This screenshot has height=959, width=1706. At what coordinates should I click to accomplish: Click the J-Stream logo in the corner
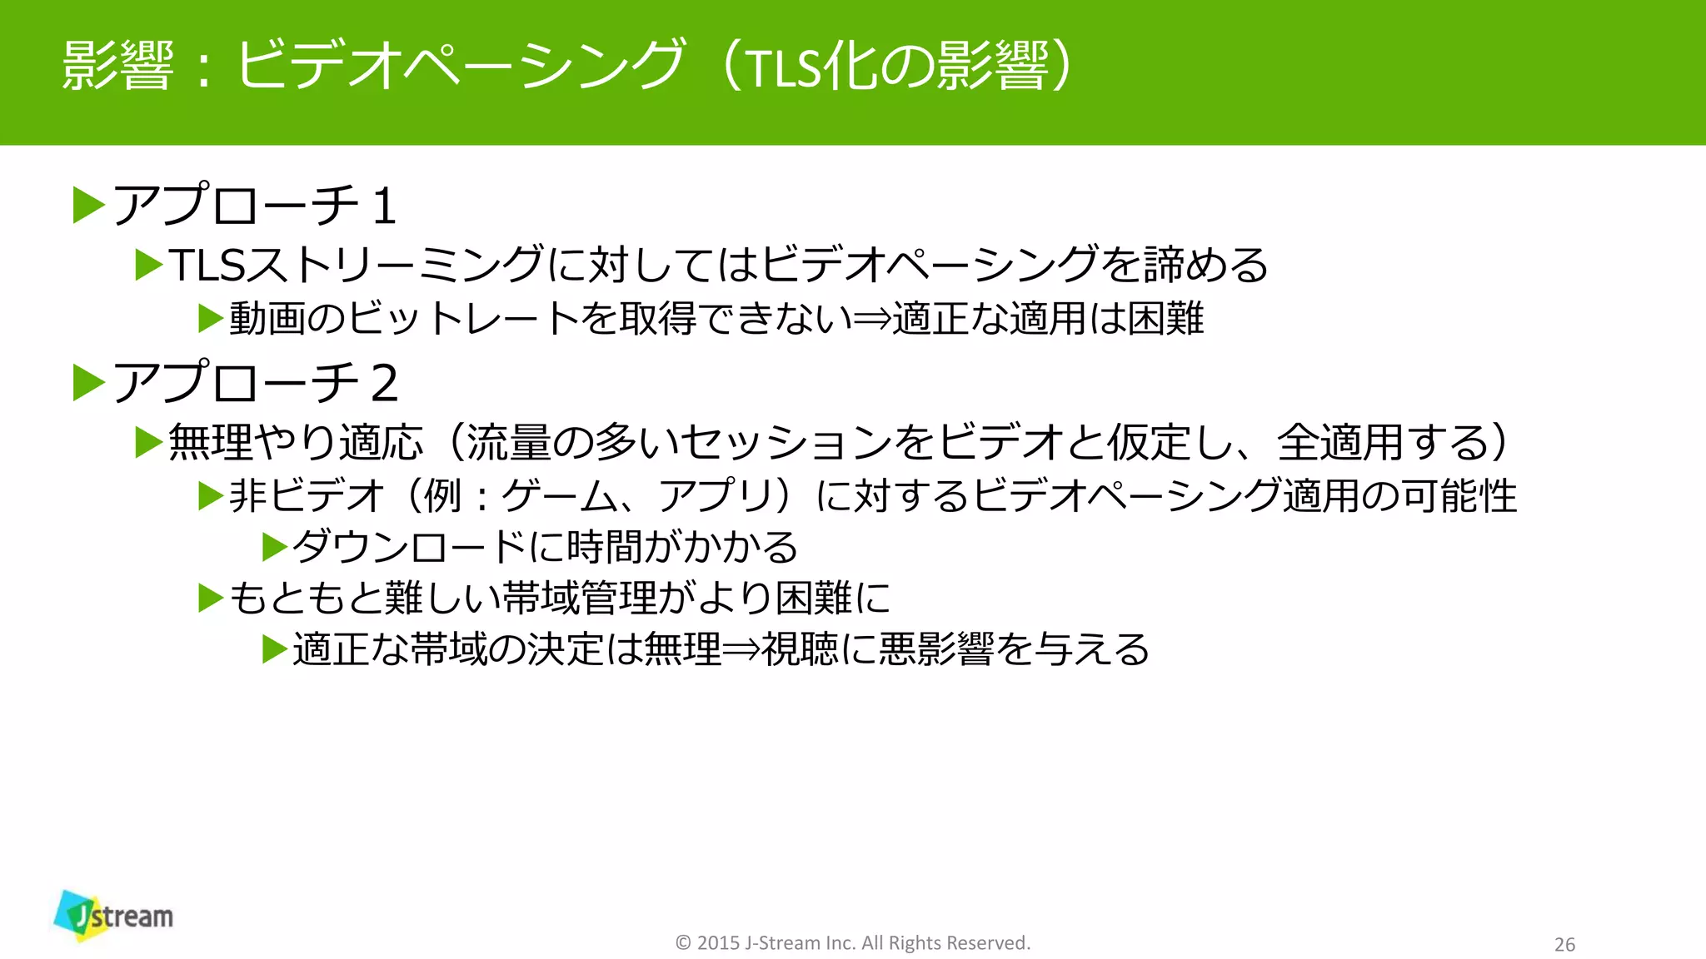coord(114,916)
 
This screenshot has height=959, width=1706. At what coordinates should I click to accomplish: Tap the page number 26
coord(1564,944)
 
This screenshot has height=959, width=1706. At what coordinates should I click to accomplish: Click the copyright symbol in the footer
coord(683,942)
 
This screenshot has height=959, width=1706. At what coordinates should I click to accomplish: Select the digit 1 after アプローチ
coord(384,206)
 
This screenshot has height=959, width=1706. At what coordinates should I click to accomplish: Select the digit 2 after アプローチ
coord(384,383)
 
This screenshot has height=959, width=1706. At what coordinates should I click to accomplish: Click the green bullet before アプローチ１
coord(88,206)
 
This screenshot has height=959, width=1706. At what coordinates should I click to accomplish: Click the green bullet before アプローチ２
coord(88,383)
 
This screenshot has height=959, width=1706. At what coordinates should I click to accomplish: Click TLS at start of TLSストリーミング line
coord(207,265)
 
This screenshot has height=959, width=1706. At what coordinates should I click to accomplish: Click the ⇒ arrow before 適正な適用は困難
coord(873,319)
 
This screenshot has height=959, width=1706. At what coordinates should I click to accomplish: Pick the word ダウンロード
coord(409,547)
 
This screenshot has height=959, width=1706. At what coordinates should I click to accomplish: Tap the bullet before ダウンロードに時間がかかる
coord(274,547)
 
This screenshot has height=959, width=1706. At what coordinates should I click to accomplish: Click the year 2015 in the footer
coord(718,942)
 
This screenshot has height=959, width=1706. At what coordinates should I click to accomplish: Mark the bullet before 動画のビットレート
coord(211,319)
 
